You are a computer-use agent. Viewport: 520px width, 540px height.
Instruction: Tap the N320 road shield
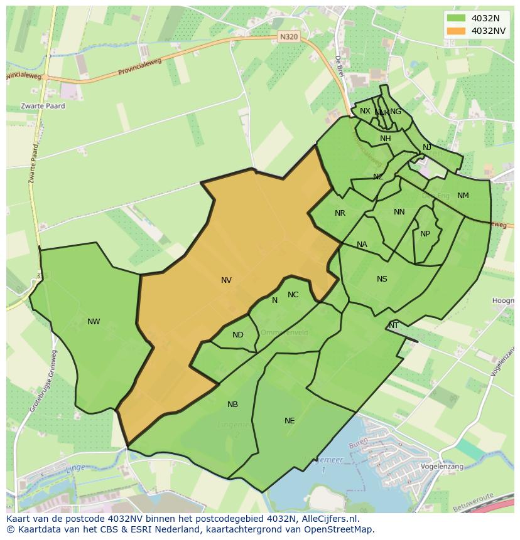(288, 37)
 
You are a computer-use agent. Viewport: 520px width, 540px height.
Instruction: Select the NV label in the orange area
(226, 280)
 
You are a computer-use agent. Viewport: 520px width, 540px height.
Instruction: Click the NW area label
(94, 322)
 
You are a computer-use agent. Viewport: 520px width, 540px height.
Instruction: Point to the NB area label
(232, 405)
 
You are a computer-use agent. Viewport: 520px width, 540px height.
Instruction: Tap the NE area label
(290, 421)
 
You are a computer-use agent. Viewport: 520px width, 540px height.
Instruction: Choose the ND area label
(237, 335)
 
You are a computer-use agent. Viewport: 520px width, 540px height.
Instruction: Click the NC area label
(293, 295)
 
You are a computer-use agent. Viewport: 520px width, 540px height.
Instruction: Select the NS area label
(382, 279)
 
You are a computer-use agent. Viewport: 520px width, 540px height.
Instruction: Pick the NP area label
(425, 234)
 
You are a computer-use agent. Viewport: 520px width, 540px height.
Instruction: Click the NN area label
(399, 212)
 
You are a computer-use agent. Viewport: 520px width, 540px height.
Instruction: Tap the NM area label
(463, 196)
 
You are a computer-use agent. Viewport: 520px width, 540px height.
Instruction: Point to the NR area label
(340, 213)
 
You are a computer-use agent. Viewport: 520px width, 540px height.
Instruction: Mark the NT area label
(394, 326)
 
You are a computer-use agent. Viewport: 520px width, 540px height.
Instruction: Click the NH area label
(385, 139)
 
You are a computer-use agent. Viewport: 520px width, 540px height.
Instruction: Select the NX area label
(365, 111)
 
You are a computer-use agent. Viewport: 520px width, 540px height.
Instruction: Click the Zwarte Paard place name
(43, 106)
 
